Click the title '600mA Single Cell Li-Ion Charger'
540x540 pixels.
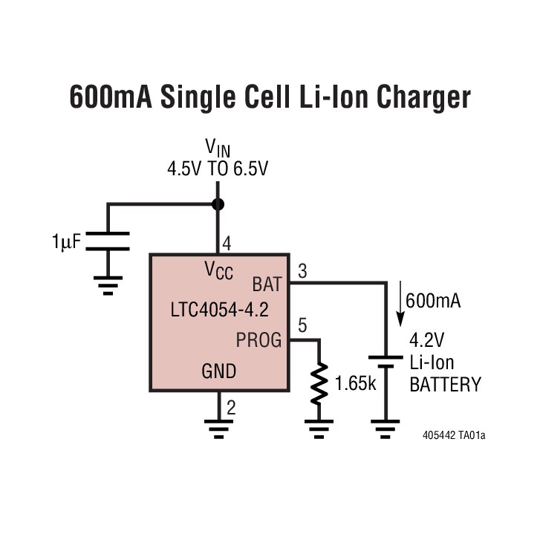(x=270, y=97)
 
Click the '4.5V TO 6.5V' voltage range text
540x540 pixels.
(x=218, y=169)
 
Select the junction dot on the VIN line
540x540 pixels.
(x=218, y=204)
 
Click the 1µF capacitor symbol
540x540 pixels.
(x=108, y=241)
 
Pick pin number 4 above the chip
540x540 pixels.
(x=227, y=243)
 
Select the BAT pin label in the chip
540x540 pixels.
(x=267, y=284)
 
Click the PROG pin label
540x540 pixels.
(x=258, y=341)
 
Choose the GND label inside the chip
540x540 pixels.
(x=219, y=371)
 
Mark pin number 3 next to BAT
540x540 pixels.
(x=302, y=271)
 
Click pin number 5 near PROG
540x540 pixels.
(x=302, y=326)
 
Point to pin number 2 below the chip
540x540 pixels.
(x=231, y=406)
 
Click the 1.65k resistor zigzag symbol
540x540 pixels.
(x=319, y=383)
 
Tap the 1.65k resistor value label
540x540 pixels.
(x=357, y=384)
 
